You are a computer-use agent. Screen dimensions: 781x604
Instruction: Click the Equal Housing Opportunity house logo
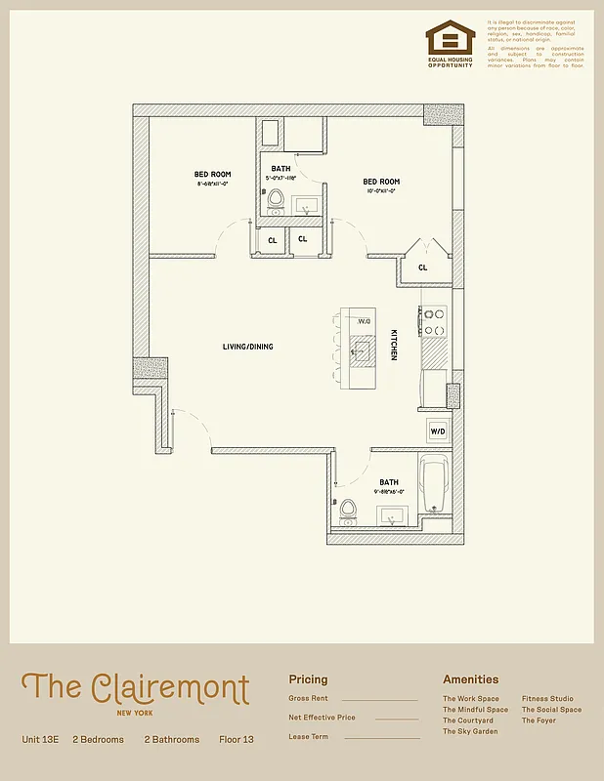tap(450, 39)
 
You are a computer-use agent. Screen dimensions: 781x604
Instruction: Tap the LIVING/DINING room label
tap(247, 347)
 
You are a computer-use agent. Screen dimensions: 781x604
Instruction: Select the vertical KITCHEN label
tap(394, 345)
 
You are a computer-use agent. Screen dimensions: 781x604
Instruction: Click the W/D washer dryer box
tap(437, 431)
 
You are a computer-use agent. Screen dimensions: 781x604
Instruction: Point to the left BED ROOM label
tap(212, 175)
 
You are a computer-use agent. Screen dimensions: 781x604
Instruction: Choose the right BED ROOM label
tap(381, 182)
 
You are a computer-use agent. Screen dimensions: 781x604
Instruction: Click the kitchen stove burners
tap(434, 322)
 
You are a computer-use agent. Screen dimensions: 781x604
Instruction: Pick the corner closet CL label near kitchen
tap(422, 267)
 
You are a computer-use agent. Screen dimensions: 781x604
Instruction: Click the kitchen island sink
tap(365, 349)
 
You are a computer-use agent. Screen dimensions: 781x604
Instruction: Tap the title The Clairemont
tap(135, 688)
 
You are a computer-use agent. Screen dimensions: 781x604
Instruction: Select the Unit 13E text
tap(41, 740)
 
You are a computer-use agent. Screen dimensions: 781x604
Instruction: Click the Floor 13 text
tap(237, 740)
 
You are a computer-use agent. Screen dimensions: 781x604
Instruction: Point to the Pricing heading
tap(308, 679)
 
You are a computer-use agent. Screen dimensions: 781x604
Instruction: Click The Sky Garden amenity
tap(469, 731)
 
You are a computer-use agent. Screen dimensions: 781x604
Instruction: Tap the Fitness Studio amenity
tap(547, 699)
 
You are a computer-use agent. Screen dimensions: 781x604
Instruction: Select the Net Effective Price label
tap(322, 718)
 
